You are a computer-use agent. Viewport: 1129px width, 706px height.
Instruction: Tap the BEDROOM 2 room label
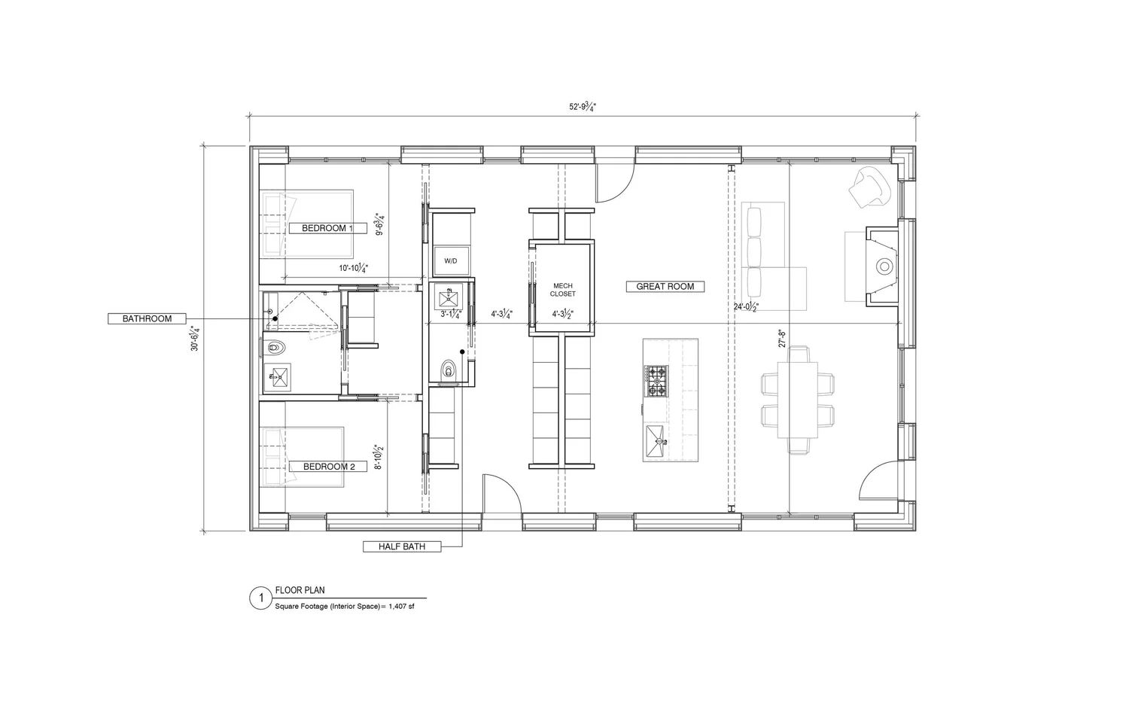point(329,467)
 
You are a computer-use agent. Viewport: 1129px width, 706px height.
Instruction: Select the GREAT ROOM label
point(665,287)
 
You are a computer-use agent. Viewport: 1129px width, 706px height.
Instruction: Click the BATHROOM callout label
point(148,319)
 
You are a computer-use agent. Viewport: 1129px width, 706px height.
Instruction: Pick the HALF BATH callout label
point(403,546)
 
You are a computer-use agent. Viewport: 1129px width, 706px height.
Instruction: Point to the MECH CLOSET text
point(563,290)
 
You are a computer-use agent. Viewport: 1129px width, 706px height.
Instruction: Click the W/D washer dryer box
point(451,260)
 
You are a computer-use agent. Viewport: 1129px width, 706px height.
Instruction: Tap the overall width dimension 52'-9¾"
point(583,107)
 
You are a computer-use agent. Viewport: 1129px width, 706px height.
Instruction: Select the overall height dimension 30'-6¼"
point(195,338)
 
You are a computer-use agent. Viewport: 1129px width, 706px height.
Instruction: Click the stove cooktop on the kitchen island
point(656,381)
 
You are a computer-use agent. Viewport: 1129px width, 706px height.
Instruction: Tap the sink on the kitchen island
point(656,436)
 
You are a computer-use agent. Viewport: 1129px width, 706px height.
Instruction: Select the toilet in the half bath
point(449,370)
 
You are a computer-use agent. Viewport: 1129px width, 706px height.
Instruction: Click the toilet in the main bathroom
point(276,348)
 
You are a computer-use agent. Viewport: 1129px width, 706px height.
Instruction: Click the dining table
point(799,400)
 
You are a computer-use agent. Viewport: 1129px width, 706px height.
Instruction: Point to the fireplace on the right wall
point(882,266)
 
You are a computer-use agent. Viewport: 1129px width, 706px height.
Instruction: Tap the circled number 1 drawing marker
point(260,598)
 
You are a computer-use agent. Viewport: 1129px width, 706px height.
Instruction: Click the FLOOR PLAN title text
point(300,590)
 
